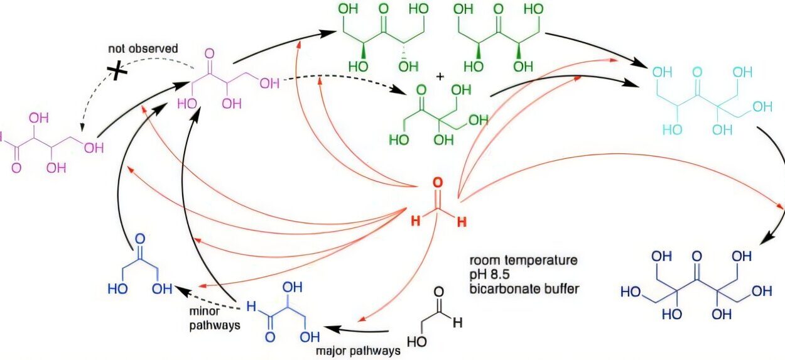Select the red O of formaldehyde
[437, 183]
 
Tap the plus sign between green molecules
[440, 77]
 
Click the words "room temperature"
[522, 259]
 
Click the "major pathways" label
[367, 351]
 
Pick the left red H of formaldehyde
[415, 222]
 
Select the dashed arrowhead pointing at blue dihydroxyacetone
[180, 290]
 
